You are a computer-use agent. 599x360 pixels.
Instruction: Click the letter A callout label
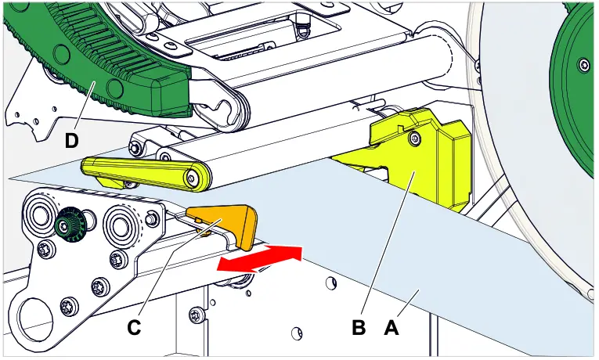(x=391, y=329)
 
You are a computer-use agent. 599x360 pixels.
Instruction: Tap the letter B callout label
(x=359, y=329)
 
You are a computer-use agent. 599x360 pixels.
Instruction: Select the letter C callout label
(x=134, y=329)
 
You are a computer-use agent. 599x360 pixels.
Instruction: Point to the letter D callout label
(x=71, y=141)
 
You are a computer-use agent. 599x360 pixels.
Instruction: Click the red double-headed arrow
(x=258, y=258)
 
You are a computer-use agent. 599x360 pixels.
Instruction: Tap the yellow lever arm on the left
(x=145, y=171)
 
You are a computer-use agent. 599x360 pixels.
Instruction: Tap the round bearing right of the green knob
(x=120, y=225)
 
